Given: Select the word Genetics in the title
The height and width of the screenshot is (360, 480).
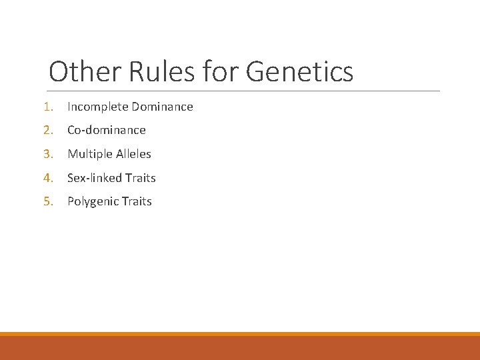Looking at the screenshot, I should tap(299, 72).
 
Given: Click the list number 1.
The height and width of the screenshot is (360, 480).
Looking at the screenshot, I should tap(47, 107).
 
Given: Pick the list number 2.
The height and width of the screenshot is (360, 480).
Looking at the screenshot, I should tap(47, 130).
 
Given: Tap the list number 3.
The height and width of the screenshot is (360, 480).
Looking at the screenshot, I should tap(47, 154).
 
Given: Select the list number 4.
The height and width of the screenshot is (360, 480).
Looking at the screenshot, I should tap(47, 178).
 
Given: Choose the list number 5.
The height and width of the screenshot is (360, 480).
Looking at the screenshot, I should tap(47, 201).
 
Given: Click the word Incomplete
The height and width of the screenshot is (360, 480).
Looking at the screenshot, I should tap(97, 107).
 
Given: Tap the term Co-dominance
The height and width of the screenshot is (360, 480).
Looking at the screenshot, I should tap(107, 130).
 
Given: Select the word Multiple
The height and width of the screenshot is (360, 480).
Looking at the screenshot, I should tap(89, 154).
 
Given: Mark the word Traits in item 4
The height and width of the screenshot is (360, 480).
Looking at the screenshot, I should tap(140, 178).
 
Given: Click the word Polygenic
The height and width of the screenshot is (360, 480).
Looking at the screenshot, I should tap(92, 201).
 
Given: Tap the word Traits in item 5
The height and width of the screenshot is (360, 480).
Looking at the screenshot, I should tap(136, 201).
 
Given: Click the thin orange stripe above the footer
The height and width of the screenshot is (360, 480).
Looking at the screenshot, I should tap(240, 334).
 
